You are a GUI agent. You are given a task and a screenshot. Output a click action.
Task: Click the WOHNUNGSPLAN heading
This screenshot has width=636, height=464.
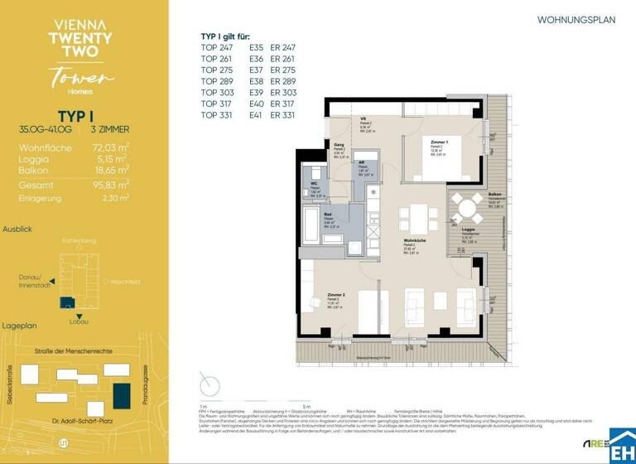coord(576,20)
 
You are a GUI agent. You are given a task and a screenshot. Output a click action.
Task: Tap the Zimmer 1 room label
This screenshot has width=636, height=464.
coord(439,143)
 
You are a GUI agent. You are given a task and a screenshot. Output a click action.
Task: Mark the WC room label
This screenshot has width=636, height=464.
coord(315,183)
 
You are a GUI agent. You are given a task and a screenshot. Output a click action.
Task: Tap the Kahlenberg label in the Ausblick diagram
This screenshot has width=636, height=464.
coord(79,241)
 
